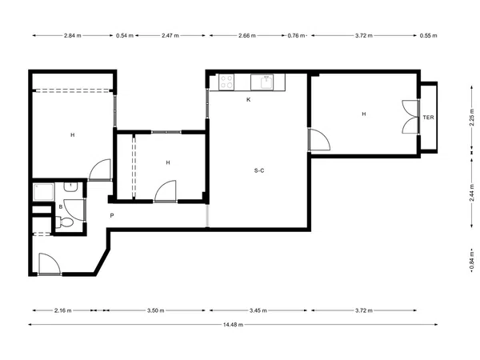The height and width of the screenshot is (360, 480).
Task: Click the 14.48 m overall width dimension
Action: [x=233, y=325]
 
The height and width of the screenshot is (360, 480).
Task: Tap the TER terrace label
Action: [x=428, y=118]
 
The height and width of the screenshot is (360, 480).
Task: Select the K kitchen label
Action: [x=248, y=99]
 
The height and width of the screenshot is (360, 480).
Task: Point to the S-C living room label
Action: [x=259, y=170]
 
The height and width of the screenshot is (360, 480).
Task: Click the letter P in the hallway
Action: [x=112, y=215]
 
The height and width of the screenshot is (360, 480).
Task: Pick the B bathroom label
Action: [x=61, y=207]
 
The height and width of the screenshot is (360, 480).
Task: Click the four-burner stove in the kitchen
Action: [x=226, y=82]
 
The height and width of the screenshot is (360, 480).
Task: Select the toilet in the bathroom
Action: [x=65, y=222]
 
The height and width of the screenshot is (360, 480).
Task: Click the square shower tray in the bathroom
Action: [x=44, y=192]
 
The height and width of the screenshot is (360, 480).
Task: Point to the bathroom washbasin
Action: [x=70, y=187]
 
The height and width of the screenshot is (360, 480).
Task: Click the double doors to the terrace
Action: [x=410, y=117]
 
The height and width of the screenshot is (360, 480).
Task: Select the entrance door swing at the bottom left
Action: [x=50, y=263]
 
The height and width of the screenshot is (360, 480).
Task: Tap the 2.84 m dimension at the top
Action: [x=73, y=35]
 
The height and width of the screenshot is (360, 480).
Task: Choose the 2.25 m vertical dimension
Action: [x=472, y=118]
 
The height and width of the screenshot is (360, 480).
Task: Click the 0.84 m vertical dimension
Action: [x=472, y=261]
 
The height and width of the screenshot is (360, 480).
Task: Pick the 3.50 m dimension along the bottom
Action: [x=155, y=310]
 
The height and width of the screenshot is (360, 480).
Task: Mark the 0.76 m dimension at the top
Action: [x=296, y=35]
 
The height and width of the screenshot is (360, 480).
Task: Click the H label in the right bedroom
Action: [x=364, y=114]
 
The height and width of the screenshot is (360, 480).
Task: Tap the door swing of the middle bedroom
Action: [x=166, y=190]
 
